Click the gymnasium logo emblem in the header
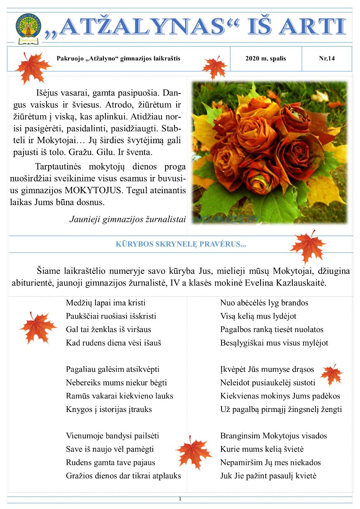tap(28, 28)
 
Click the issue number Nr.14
tap(327, 58)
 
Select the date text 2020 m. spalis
tap(266, 58)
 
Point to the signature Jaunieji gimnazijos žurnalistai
tap(128, 219)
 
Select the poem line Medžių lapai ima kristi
tap(105, 303)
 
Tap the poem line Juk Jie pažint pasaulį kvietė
tap(268, 476)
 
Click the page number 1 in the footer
tap(180, 499)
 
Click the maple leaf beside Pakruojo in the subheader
tap(32, 68)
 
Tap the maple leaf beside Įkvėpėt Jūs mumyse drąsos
tap(331, 375)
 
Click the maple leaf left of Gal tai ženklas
tap(38, 328)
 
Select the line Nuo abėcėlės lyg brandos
tap(264, 303)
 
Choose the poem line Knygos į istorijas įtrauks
tap(109, 409)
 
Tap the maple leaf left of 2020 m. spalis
tap(214, 67)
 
